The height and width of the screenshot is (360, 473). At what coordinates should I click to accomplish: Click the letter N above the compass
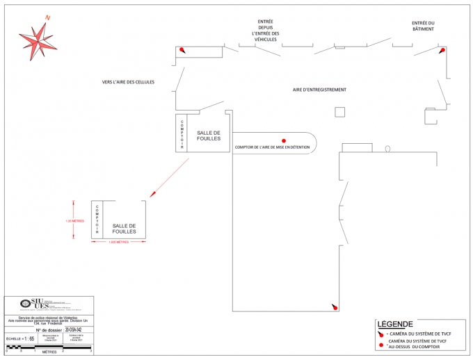pyautogui.click(x=47, y=17)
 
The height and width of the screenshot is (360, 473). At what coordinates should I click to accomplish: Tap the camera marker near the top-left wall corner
pyautogui.click(x=182, y=50)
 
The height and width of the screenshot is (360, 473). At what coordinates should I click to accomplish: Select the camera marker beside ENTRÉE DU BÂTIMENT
pyautogui.click(x=442, y=50)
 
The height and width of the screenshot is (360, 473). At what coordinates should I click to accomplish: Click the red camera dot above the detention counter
pyautogui.click(x=284, y=140)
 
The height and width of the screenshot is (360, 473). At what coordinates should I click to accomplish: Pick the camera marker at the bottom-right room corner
pyautogui.click(x=335, y=306)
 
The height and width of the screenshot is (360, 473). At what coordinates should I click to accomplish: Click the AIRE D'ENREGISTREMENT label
pyautogui.click(x=319, y=90)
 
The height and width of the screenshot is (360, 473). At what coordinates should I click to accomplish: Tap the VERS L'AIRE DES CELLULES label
pyautogui.click(x=128, y=82)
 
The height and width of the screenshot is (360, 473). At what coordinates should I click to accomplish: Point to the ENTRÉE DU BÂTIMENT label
pyautogui.click(x=422, y=26)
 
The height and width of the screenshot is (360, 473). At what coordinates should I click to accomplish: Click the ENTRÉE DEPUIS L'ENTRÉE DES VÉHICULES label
pyautogui.click(x=265, y=31)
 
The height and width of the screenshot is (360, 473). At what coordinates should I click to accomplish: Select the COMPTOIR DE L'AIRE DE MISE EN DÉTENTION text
pyautogui.click(x=272, y=147)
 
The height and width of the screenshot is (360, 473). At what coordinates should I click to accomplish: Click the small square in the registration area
pyautogui.click(x=340, y=112)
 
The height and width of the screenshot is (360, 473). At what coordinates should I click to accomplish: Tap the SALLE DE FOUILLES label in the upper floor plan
pyautogui.click(x=209, y=136)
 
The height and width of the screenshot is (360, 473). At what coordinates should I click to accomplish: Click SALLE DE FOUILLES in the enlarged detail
pyautogui.click(x=124, y=229)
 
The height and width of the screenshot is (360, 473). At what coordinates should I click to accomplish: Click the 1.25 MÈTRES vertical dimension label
pyautogui.click(x=74, y=220)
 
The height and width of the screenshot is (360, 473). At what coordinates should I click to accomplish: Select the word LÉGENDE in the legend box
pyautogui.click(x=395, y=324)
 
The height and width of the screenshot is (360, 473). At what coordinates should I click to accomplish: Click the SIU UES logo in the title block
pyautogui.click(x=41, y=304)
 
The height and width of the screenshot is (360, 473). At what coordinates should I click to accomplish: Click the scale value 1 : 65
pyautogui.click(x=29, y=338)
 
